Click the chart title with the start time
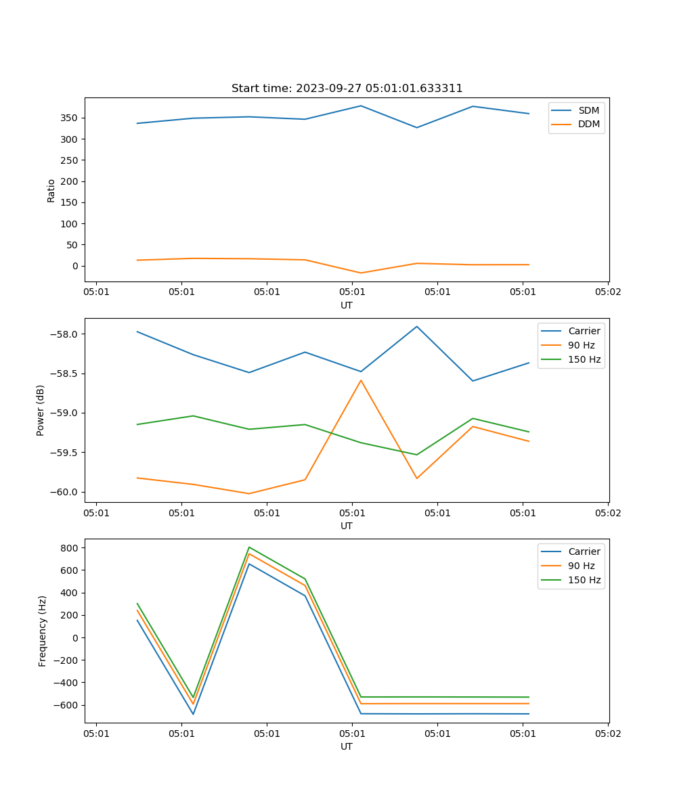pyautogui.click(x=347, y=89)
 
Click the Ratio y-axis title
pyautogui.click(x=51, y=190)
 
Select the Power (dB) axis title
pyautogui.click(x=41, y=410)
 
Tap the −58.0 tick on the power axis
pyautogui.click(x=64, y=334)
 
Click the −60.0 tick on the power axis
pyautogui.click(x=64, y=492)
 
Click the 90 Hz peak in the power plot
pyautogui.click(x=361, y=380)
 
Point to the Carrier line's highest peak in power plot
pyautogui.click(x=417, y=327)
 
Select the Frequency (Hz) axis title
pyautogui.click(x=43, y=631)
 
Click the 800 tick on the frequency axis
pyautogui.click(x=70, y=548)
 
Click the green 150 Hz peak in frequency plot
pyautogui.click(x=249, y=547)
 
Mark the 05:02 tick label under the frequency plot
pyautogui.click(x=607, y=733)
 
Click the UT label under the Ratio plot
pyautogui.click(x=347, y=305)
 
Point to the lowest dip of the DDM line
pyautogui.click(x=361, y=273)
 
